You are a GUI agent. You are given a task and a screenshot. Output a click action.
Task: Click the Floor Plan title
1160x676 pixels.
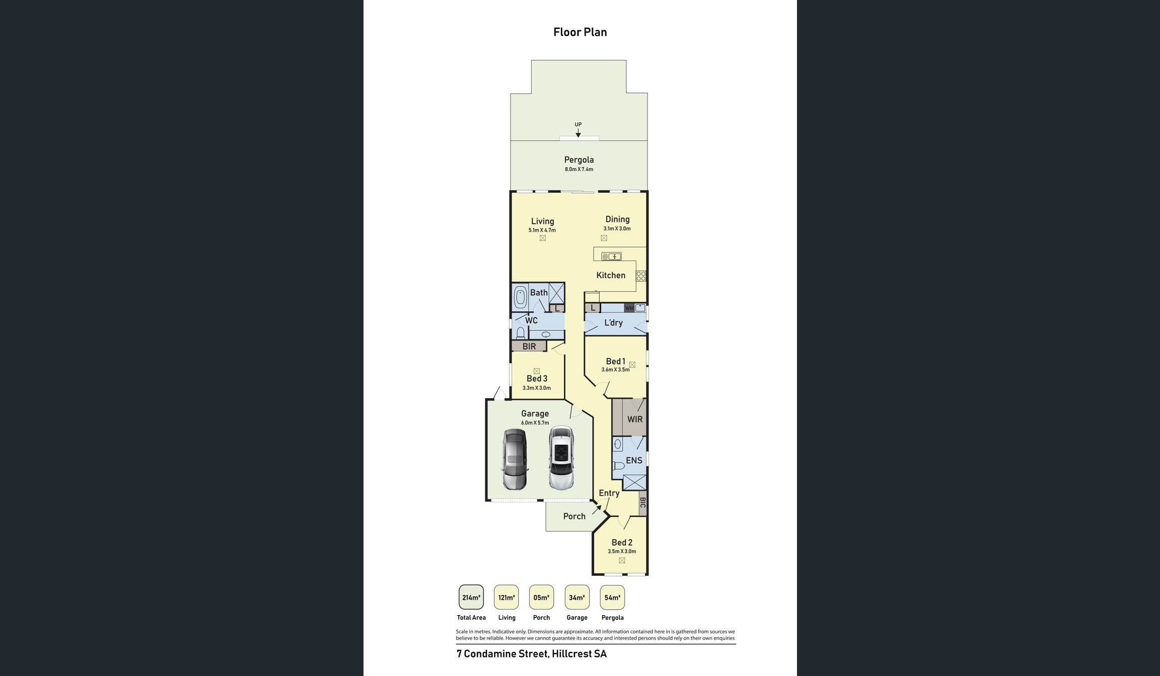580,32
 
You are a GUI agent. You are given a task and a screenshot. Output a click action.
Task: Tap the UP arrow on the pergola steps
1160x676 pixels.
578,133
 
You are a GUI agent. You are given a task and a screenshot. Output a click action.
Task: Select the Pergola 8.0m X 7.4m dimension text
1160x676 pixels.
578,170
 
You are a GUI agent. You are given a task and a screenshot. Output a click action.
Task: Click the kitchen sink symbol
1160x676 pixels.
612,257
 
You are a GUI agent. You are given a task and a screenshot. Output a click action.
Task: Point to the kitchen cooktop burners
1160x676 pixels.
641,276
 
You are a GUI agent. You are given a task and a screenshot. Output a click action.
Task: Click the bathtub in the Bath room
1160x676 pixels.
520,297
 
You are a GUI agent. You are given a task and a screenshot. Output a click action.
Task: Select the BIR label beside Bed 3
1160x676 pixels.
529,347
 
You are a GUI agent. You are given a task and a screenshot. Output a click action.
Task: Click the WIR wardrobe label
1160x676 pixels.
634,419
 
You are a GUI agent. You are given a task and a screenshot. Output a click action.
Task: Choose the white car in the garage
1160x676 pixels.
561,458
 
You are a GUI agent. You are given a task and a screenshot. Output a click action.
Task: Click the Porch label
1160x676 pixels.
574,516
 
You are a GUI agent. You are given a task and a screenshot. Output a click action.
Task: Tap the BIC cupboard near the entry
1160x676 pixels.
642,502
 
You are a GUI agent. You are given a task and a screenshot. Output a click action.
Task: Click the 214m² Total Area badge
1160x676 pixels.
471,598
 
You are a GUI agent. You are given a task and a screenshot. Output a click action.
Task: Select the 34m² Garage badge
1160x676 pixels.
576,598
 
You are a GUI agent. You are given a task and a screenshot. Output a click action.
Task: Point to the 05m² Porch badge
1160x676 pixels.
541,598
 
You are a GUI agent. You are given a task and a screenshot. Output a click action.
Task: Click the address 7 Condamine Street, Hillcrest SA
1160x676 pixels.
531,654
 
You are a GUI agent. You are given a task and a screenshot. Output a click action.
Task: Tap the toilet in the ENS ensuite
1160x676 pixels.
619,466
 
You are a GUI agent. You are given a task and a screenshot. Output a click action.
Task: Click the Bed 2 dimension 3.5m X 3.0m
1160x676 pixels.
621,551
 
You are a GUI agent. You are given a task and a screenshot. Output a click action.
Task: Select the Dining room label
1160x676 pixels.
617,219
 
